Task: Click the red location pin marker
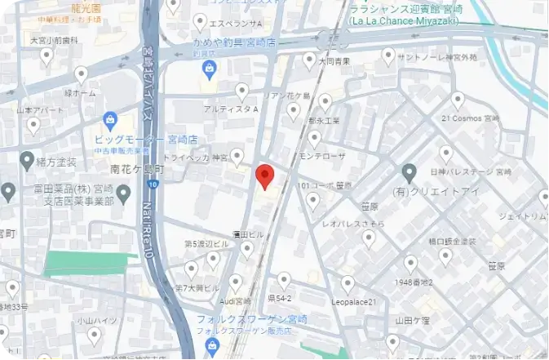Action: [263, 176]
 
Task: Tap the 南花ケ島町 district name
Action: [136, 171]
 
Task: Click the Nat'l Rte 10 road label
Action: [148, 229]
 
